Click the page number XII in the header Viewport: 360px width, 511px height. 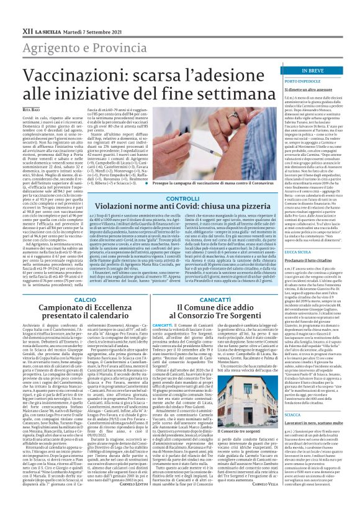tap(9, 12)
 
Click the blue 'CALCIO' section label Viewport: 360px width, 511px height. tap(68, 299)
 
